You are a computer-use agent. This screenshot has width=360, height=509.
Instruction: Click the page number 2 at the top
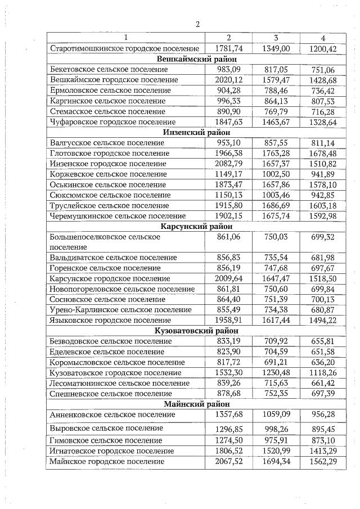click(x=198, y=24)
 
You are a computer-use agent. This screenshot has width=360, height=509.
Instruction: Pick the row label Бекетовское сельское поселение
click(x=109, y=69)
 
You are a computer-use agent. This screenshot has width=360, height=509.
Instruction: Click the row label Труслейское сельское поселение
click(x=110, y=205)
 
